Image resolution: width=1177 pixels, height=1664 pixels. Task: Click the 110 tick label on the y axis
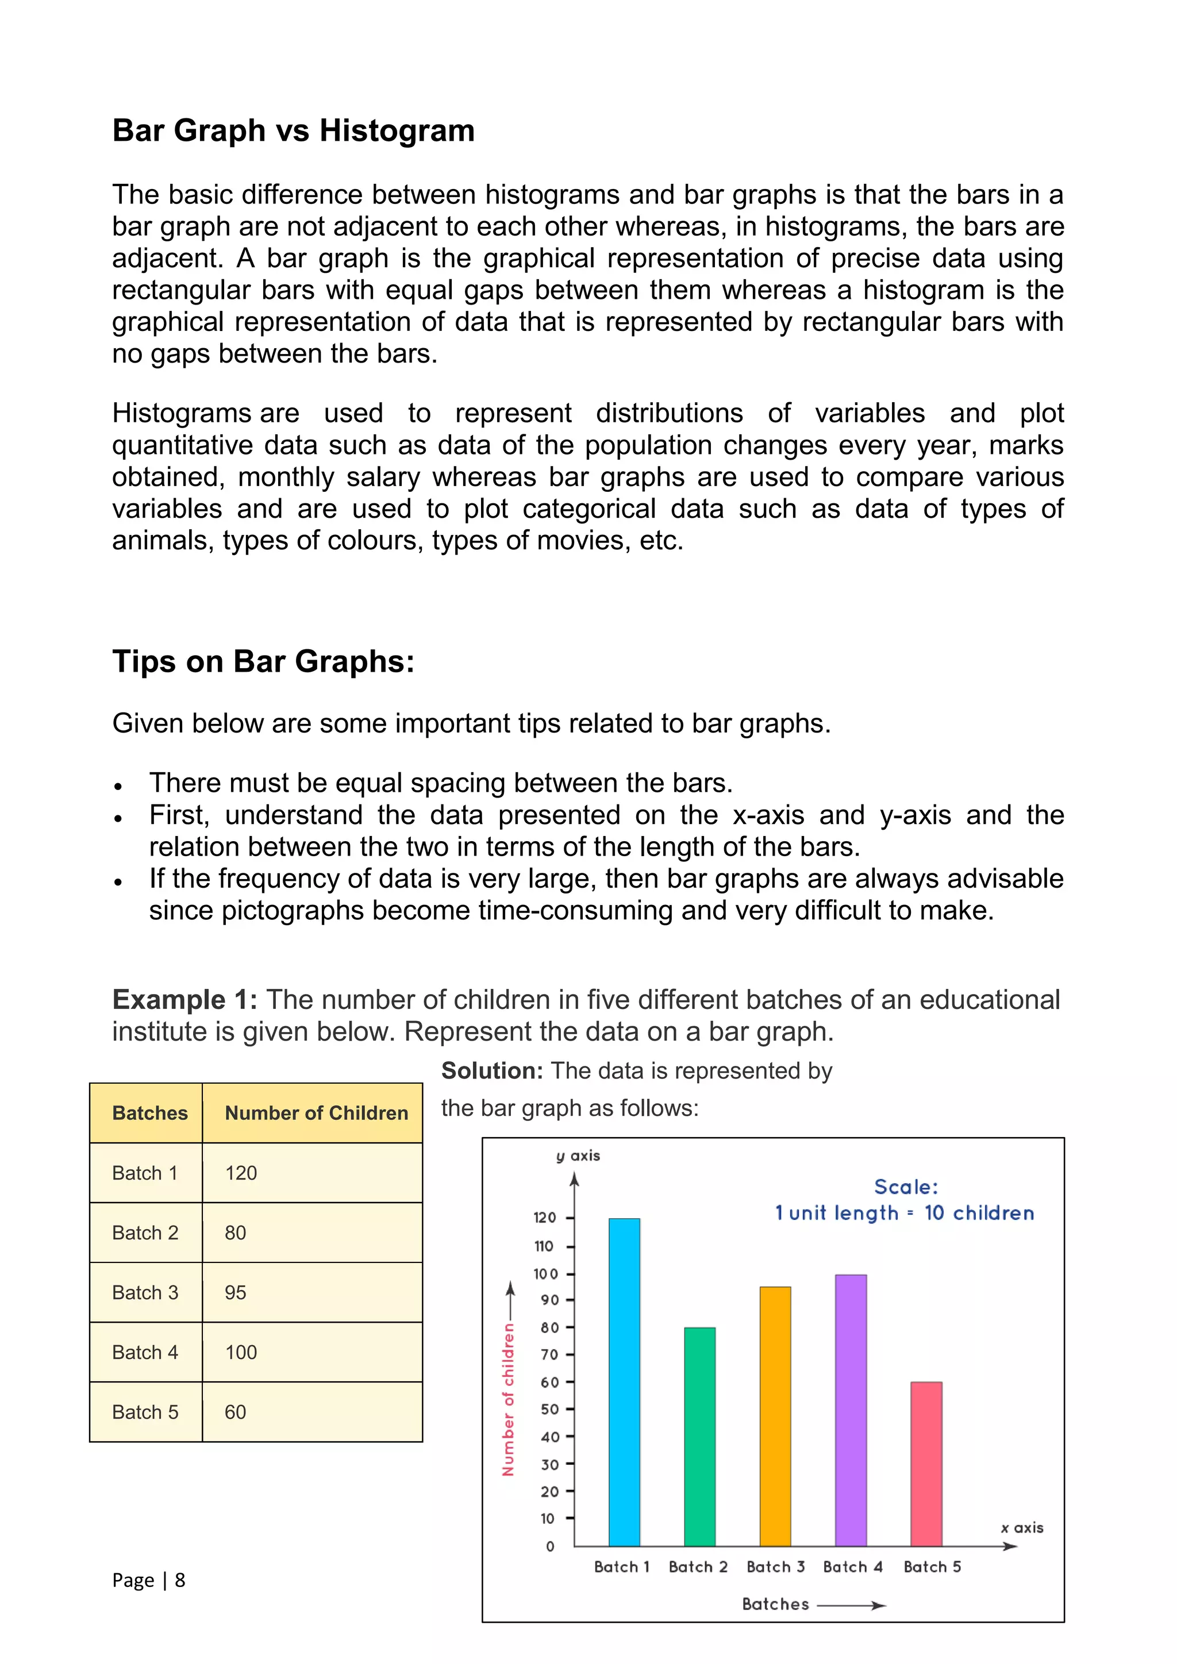point(544,1246)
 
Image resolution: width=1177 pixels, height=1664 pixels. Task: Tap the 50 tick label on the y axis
point(549,1409)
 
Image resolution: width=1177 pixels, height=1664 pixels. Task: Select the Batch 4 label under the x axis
point(852,1567)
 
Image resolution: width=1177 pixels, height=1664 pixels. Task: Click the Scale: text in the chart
point(905,1187)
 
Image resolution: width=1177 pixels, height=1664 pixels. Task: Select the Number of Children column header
point(316,1113)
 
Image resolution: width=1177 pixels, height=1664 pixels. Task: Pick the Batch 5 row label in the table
point(145,1412)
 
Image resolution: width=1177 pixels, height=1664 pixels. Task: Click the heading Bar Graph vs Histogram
point(294,131)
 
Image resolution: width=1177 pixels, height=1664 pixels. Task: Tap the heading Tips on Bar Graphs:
point(263,662)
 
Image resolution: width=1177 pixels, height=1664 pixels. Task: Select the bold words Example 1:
point(185,1000)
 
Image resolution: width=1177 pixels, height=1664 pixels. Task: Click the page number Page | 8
point(149,1581)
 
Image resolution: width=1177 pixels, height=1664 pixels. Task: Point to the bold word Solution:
point(491,1071)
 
